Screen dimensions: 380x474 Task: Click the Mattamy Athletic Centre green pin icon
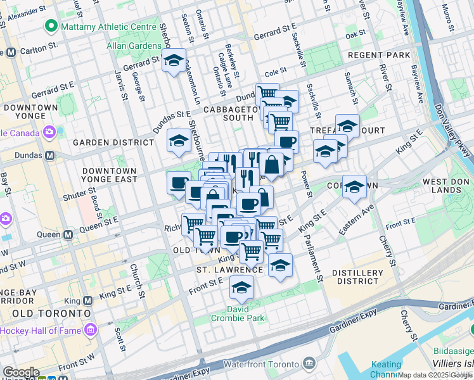(50, 27)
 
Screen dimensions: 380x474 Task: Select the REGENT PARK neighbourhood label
(378, 55)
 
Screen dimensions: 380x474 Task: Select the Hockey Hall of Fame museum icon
(90, 330)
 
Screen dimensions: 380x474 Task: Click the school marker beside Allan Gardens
(174, 61)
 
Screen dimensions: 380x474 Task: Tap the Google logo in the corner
(21, 372)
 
